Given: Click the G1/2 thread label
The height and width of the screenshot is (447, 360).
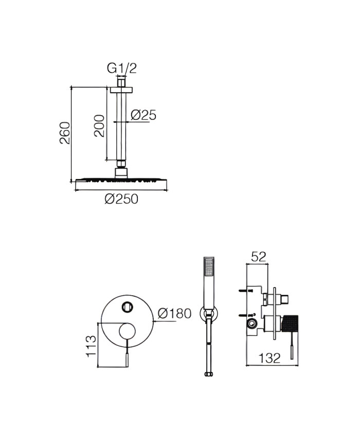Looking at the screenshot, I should pos(121,67).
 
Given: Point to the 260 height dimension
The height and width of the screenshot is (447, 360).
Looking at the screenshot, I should pos(64,133).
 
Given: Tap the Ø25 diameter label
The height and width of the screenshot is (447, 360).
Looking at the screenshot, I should pos(143,115).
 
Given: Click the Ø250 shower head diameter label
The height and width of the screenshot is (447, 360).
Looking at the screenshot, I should pos(121,199).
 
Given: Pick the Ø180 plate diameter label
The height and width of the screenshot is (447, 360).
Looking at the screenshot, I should pos(174,313).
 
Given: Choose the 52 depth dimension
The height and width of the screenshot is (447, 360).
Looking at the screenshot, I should pos(259,257).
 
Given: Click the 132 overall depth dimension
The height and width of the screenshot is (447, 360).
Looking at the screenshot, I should pos(269,359).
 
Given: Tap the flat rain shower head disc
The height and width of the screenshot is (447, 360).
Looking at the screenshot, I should pos(121,181).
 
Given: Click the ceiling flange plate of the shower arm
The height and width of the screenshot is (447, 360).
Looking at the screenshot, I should pos(121,90).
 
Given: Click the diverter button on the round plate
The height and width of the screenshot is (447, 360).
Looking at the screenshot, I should pos(127,307).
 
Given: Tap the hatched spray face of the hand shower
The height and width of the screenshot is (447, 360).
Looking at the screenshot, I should pos(208,267).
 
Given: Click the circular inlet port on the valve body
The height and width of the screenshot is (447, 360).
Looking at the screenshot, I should pos(252,324).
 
